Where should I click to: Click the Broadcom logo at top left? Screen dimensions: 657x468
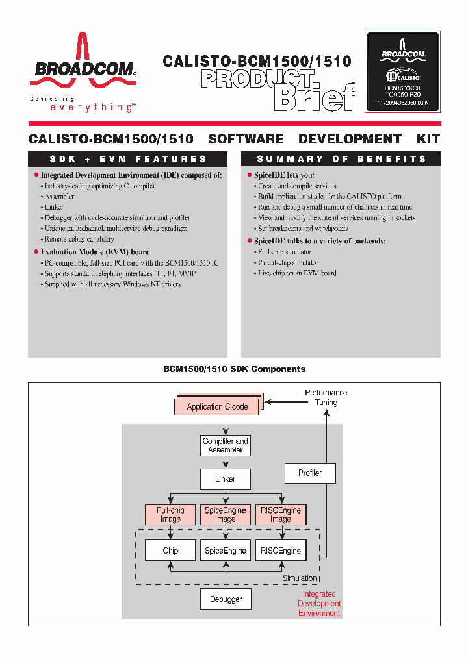click(x=83, y=68)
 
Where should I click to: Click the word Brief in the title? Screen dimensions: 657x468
click(x=315, y=97)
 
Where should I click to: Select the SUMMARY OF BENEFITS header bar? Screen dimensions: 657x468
click(x=341, y=159)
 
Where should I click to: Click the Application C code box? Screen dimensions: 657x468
click(x=217, y=406)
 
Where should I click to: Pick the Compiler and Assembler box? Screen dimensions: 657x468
click(x=225, y=445)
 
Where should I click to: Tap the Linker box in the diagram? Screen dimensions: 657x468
click(x=225, y=479)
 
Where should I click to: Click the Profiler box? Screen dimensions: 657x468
click(x=310, y=473)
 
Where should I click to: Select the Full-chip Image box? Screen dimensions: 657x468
click(x=170, y=515)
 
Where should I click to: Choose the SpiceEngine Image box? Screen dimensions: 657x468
click(x=225, y=515)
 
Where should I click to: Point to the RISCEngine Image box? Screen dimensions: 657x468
click(x=281, y=515)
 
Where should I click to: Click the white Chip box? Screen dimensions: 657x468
click(x=170, y=551)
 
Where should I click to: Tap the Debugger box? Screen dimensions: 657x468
click(x=226, y=599)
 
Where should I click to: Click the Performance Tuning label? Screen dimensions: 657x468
click(x=326, y=397)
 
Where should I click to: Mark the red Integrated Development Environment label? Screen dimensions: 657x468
click(x=319, y=603)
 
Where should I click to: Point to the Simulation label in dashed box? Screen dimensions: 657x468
click(x=300, y=578)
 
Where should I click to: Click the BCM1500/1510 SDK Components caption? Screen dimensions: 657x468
click(x=234, y=369)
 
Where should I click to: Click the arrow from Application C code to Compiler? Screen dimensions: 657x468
click(x=225, y=425)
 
